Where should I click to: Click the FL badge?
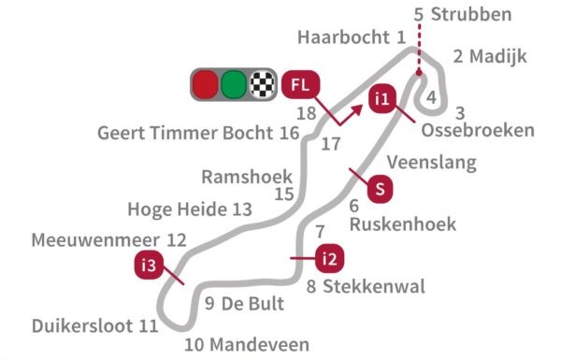click(x=300, y=85)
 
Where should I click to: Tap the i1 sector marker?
click(x=381, y=98)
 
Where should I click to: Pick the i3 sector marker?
click(x=147, y=266)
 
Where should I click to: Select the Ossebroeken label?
click(x=478, y=130)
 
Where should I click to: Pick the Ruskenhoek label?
click(x=402, y=224)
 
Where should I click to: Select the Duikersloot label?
click(x=83, y=326)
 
